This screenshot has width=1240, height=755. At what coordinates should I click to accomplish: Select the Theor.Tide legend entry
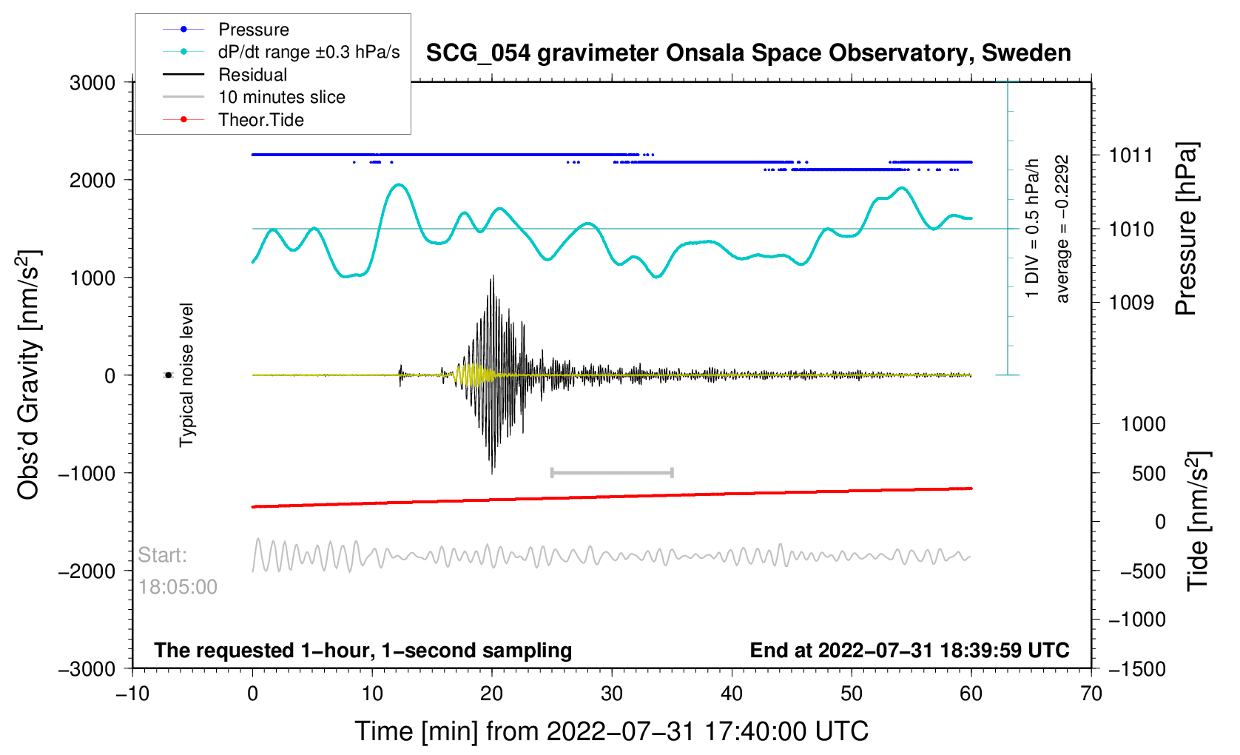tap(233, 120)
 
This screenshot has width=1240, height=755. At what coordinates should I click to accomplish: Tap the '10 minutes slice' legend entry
tap(254, 97)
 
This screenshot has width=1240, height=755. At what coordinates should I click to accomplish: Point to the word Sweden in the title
tap(1025, 53)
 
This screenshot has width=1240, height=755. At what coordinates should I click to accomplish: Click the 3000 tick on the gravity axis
tap(92, 83)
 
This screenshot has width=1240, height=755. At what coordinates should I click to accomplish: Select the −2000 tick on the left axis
tap(87, 571)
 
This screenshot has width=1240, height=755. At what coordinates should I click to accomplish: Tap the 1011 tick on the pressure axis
tap(1131, 155)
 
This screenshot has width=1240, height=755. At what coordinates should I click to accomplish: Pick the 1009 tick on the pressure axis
tap(1131, 303)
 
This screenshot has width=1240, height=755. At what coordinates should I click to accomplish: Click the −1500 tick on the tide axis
tap(1137, 668)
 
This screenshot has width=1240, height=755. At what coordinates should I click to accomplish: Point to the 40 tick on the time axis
tap(731, 693)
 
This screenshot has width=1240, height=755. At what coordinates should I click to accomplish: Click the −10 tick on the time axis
tap(132, 693)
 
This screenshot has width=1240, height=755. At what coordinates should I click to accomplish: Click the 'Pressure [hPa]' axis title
tap(1186, 229)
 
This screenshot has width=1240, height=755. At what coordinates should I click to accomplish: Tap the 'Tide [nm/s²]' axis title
tap(1198, 521)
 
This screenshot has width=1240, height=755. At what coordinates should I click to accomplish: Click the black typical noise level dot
tap(168, 375)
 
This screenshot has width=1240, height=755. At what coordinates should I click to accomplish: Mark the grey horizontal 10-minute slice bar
tap(612, 472)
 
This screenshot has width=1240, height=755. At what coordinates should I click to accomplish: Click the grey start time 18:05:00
tap(177, 587)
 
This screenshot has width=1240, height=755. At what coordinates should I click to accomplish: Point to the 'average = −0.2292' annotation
tap(1062, 229)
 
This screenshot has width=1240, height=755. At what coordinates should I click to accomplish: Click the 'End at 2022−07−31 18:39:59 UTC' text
tap(909, 650)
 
